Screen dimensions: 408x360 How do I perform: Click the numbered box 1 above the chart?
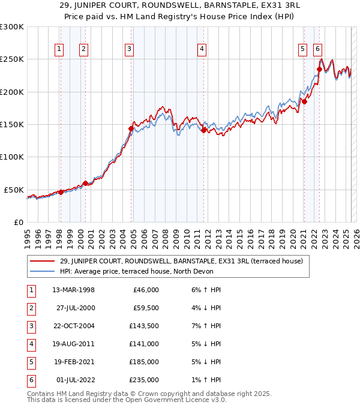click(x=60, y=50)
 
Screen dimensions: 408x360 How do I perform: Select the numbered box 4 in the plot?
click(x=202, y=50)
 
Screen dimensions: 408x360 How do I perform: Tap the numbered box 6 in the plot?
click(x=317, y=50)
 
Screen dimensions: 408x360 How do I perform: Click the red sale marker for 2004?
click(x=131, y=128)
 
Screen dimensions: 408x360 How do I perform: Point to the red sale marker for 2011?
click(x=204, y=130)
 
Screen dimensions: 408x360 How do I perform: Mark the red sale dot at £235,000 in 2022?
click(x=319, y=69)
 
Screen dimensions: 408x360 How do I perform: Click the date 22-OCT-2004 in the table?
click(x=73, y=326)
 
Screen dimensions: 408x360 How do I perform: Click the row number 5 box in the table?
click(x=30, y=362)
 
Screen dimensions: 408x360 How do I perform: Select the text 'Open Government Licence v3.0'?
click(x=178, y=400)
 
